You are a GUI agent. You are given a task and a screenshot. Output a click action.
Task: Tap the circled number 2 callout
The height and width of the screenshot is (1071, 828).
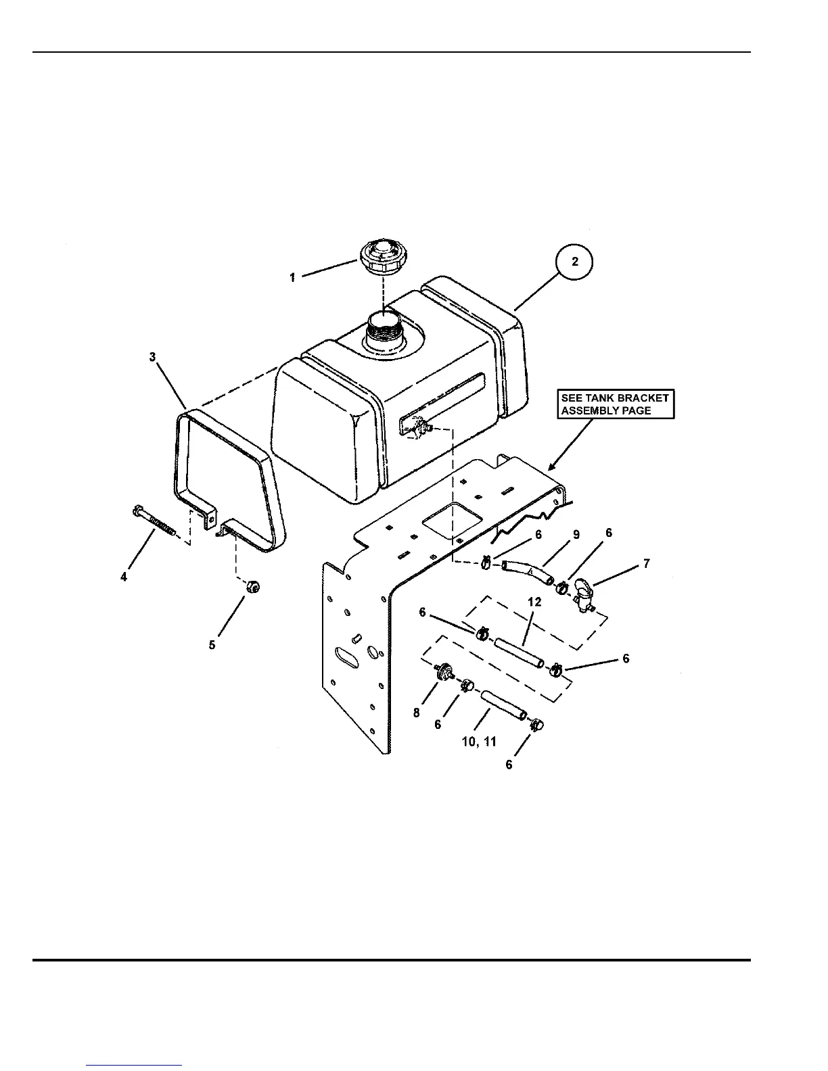(x=574, y=262)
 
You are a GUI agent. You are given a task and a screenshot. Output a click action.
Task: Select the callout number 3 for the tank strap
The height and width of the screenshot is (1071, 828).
(x=153, y=356)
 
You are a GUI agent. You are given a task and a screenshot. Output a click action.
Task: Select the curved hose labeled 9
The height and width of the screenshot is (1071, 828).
(x=527, y=572)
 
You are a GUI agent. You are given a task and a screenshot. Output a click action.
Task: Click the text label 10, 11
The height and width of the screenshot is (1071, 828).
(x=478, y=742)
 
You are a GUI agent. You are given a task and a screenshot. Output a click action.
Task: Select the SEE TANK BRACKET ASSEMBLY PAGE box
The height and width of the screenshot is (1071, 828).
(x=615, y=404)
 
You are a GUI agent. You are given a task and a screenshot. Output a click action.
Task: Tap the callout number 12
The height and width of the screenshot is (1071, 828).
(x=535, y=602)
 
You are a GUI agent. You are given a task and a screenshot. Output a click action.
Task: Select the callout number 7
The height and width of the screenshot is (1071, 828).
(x=647, y=563)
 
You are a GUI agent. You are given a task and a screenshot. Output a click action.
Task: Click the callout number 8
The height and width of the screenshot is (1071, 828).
(x=417, y=713)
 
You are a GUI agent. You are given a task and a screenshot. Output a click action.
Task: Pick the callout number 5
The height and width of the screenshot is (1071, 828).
(x=212, y=645)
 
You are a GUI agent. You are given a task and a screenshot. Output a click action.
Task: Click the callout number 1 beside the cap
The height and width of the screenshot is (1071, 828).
(x=292, y=277)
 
